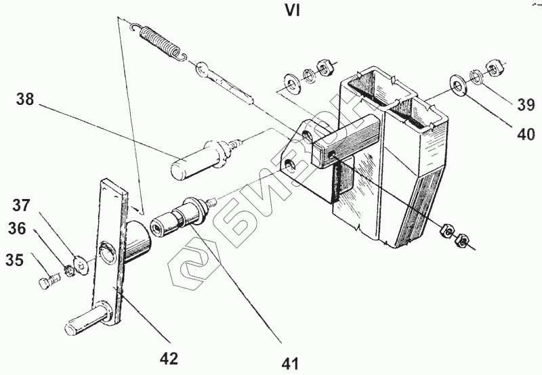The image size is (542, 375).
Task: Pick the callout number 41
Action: (x=290, y=363)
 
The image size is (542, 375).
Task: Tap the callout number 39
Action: (x=526, y=104)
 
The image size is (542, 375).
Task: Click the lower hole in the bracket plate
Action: (x=291, y=164)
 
